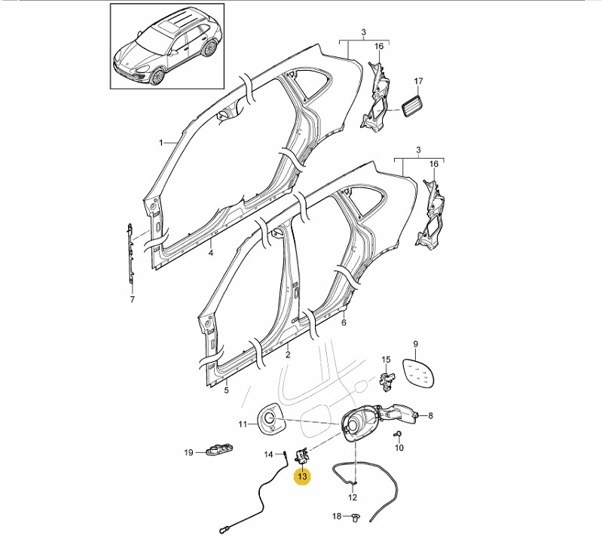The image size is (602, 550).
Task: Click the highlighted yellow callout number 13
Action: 303,477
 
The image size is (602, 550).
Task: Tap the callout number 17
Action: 419,81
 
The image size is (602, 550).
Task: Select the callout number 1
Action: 160,142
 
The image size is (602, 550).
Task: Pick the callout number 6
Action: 344,324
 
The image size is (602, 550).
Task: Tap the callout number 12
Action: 352,497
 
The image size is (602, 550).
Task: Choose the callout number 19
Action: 189,452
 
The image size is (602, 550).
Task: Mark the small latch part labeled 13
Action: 302,455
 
